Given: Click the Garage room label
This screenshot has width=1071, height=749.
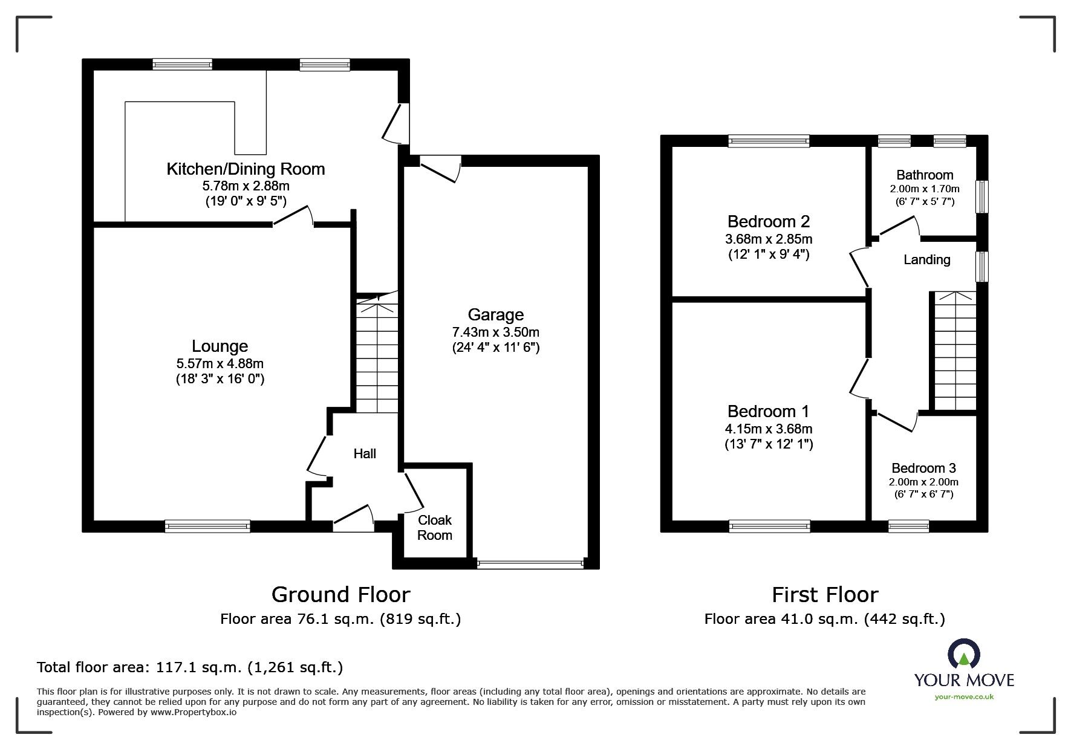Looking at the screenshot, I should point(495,314).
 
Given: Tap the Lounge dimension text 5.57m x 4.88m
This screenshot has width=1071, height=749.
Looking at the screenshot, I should point(220,364).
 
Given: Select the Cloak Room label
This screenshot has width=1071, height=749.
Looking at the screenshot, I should point(435,528).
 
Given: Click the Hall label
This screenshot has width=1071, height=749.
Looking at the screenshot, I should point(365,453).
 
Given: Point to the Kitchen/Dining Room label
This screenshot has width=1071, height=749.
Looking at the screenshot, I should point(246,169).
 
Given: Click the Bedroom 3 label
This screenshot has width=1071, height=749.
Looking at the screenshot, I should point(923,468).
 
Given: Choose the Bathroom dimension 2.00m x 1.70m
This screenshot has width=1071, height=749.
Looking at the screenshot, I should point(925,189).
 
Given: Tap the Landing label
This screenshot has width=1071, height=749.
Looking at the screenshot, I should point(926,260).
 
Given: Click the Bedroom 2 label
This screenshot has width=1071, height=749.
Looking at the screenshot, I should point(768,221).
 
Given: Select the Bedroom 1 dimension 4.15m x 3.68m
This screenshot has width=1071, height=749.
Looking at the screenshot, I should point(768,429).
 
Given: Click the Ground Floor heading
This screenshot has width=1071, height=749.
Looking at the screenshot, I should point(340,595).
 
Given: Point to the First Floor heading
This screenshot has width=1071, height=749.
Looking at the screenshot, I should point(824,595).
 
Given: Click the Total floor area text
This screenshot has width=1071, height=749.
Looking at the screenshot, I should point(190,667).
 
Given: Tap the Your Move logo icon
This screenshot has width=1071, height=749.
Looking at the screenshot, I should point(963,655).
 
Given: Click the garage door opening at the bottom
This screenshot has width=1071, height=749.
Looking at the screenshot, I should point(530,564).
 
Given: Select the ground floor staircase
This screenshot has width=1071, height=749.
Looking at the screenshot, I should point(377,354).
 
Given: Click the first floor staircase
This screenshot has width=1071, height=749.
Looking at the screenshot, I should point(955,351).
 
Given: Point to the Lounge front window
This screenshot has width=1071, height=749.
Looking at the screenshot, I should point(207,527).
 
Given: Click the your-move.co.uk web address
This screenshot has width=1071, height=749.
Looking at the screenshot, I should point(964,697).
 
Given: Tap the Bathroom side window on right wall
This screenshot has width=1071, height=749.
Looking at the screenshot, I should point(983,196).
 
